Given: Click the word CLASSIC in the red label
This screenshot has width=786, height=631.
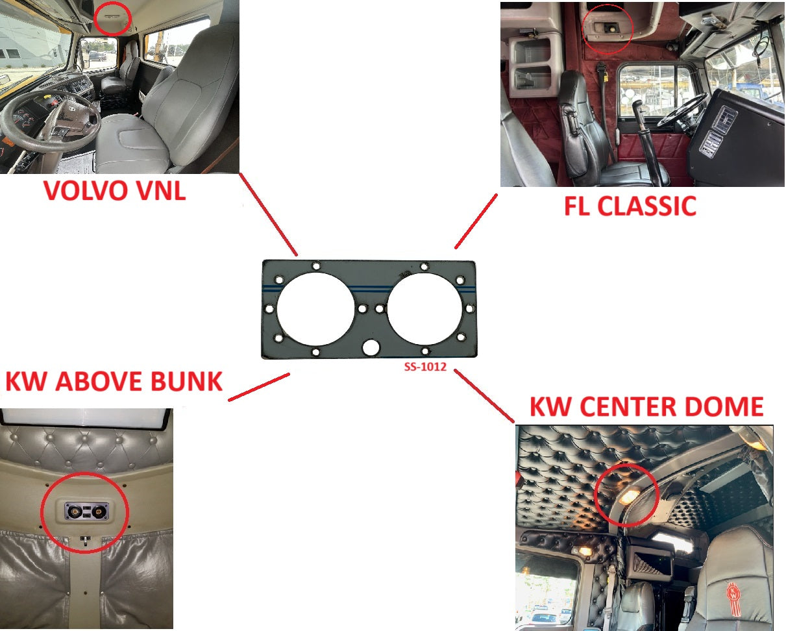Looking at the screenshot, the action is [x=647, y=206].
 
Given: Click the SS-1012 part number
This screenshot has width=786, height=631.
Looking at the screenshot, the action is [x=425, y=367].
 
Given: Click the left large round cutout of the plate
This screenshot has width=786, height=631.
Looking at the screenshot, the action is [x=315, y=309].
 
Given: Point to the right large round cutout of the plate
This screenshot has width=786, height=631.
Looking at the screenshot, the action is [x=424, y=309].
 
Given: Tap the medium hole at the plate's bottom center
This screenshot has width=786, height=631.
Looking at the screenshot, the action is [x=371, y=347].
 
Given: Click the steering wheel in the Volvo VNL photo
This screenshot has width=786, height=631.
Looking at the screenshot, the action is [x=49, y=117].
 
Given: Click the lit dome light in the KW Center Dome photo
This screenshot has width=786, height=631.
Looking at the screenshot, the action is [x=629, y=497].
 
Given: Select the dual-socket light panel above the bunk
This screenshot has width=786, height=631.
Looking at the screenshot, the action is [x=86, y=511].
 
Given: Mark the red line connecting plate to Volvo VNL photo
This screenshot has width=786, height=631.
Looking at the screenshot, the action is [x=269, y=214].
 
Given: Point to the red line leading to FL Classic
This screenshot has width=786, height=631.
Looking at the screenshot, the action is [x=476, y=221].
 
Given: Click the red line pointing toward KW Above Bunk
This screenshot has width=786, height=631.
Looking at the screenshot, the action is [x=259, y=387].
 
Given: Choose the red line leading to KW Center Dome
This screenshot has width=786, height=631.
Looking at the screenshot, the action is [x=484, y=396].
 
